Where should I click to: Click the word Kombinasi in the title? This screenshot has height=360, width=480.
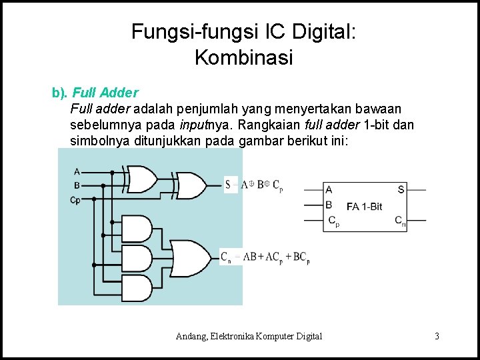coord(243,58)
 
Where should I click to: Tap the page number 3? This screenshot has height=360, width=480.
coord(437,336)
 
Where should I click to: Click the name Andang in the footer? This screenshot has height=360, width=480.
coord(193,336)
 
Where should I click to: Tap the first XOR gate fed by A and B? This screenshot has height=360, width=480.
coord(142,179)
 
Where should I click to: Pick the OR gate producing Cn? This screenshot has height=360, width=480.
coord(193,257)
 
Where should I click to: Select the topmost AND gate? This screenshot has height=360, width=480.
coord(137,229)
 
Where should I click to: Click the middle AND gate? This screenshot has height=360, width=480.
coord(137,258)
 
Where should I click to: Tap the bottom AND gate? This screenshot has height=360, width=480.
coord(137,287)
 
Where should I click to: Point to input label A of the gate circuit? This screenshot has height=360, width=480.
coord(77,171)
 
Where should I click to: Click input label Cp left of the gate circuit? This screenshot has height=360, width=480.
coord(75,199)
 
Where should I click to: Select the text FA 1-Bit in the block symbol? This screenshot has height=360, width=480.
coord(364,206)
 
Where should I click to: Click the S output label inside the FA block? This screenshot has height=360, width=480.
coord(401,189)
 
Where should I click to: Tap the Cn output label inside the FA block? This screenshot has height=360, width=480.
coord(400,221)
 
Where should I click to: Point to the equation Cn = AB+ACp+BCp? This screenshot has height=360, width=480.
coord(265,257)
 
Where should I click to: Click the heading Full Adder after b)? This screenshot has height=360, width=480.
coord(105,92)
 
